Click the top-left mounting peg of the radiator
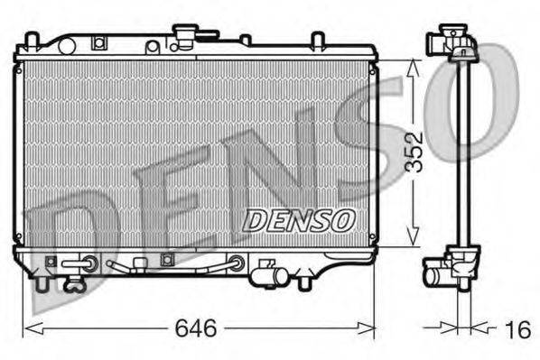[32, 40]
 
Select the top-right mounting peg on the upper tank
[318, 41]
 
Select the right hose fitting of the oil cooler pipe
[237, 263]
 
